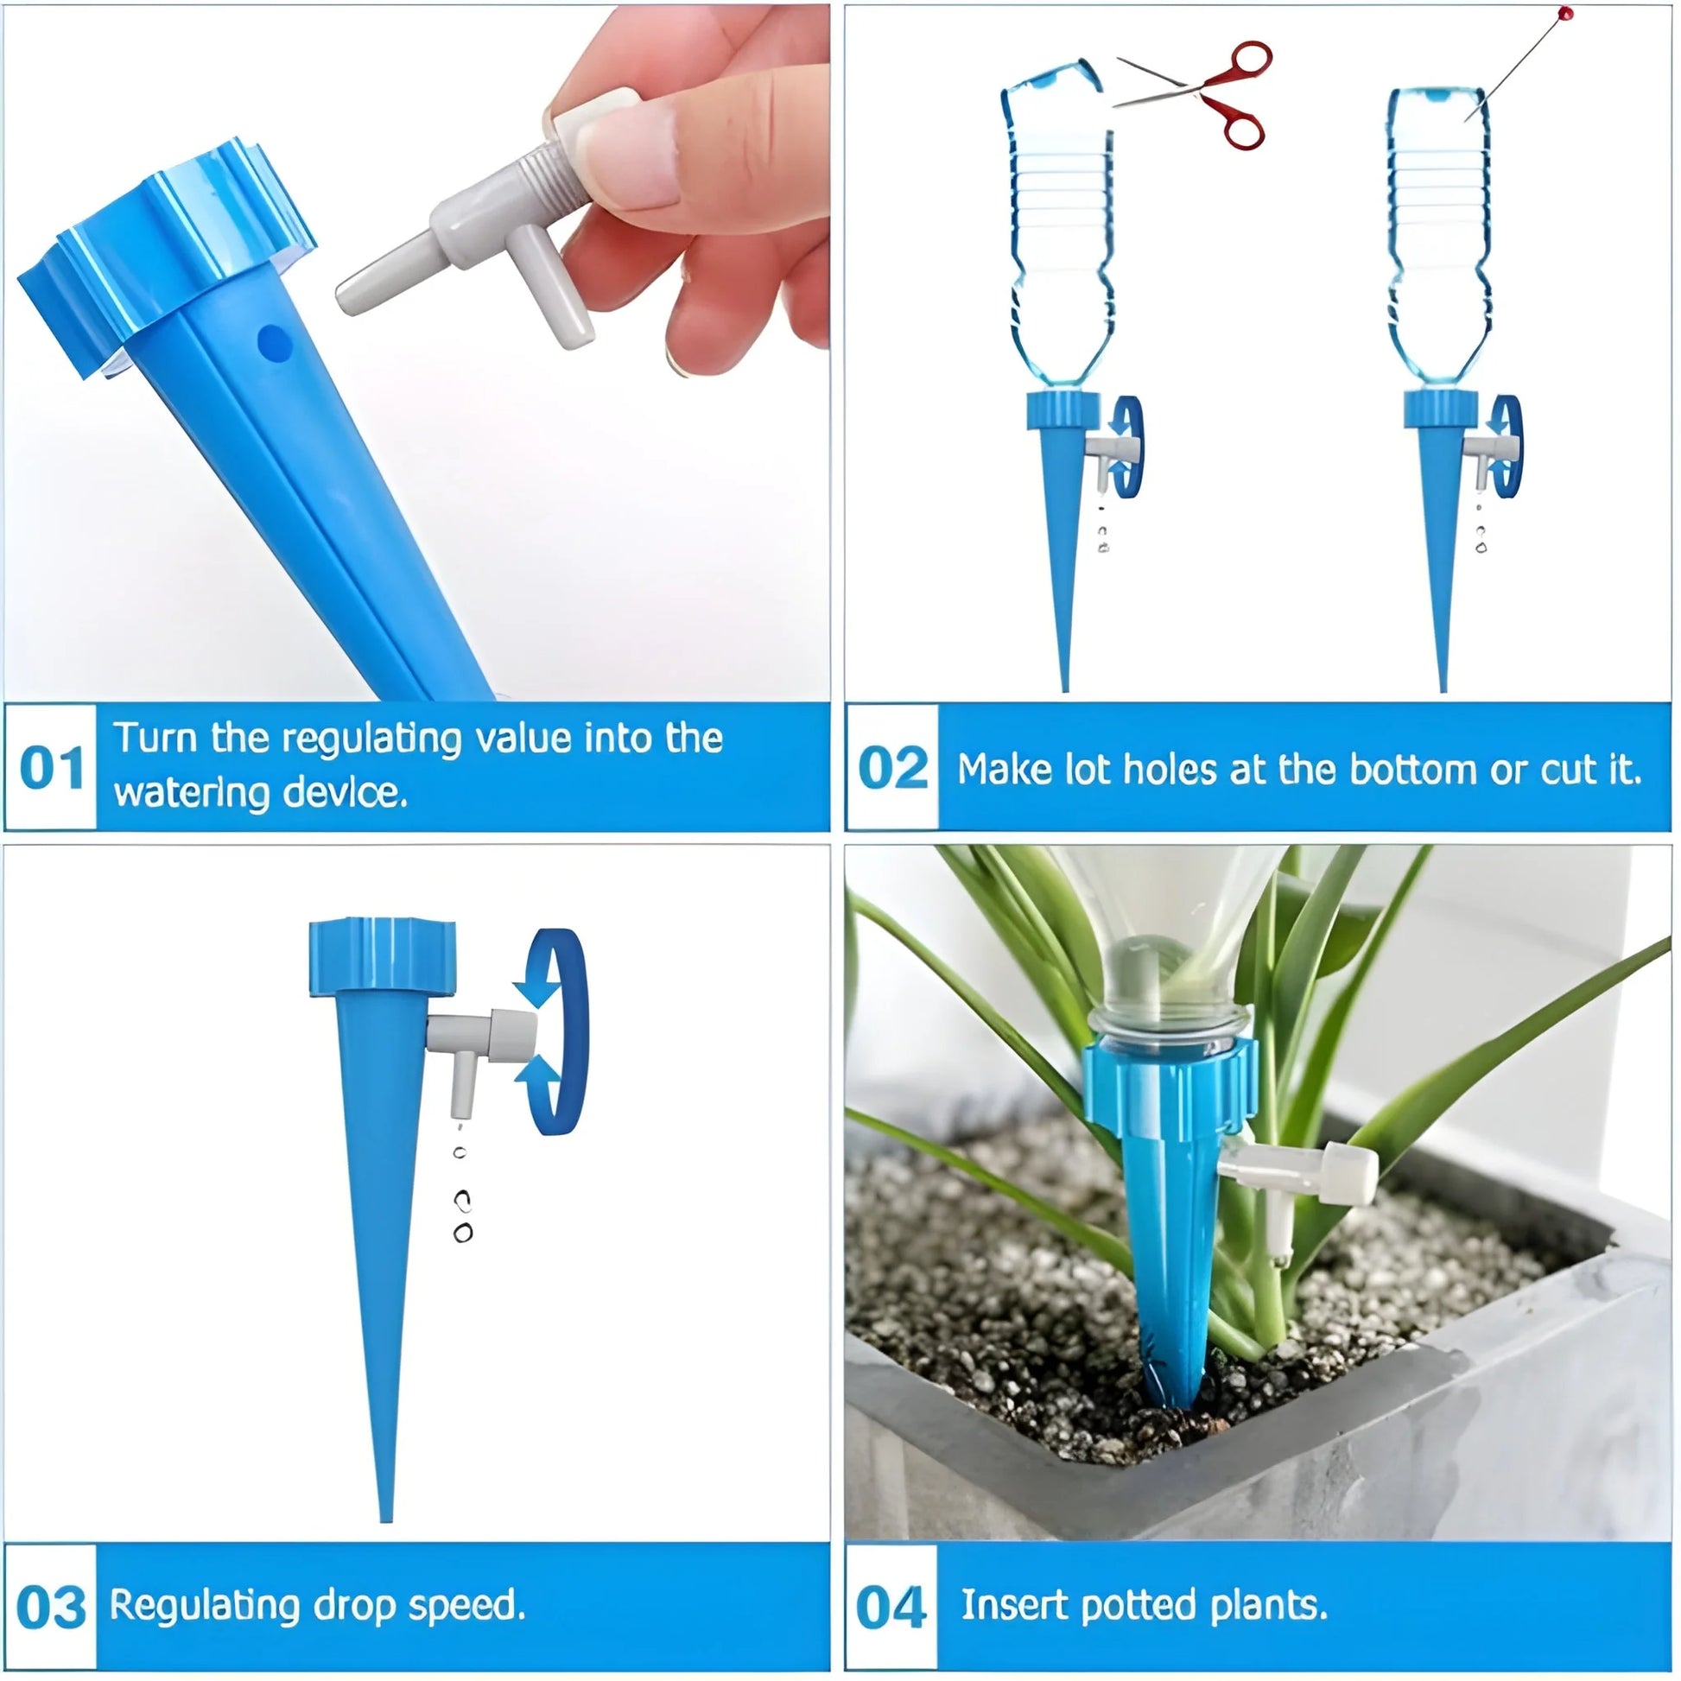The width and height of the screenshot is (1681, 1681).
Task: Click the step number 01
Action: point(51,767)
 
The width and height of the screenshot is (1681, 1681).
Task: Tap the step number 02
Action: point(892,767)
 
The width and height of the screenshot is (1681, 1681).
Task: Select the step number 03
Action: point(51,1606)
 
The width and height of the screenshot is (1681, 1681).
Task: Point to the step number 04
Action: point(891,1606)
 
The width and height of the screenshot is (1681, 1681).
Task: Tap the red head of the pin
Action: point(1566,13)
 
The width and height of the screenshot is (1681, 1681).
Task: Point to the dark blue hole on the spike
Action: point(274,342)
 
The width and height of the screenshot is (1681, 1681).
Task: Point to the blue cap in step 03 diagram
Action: point(382,955)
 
